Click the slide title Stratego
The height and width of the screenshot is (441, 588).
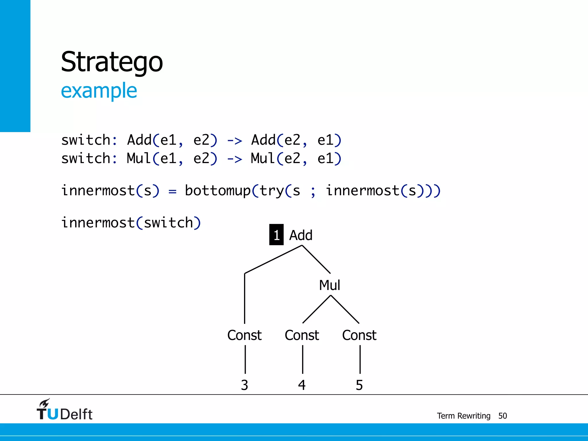112,62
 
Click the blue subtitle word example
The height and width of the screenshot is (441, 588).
99,91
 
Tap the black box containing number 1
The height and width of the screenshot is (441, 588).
276,235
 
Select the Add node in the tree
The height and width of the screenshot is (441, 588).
301,235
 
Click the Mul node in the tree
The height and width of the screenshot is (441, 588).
330,285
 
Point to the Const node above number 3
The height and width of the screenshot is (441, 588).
244,335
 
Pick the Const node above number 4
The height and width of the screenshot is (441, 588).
302,335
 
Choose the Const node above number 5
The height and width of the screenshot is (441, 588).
359,335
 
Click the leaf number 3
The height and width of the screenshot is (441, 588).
244,385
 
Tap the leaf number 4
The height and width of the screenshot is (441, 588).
302,385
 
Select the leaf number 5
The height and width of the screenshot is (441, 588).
359,385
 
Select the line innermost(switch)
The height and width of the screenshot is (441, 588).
131,223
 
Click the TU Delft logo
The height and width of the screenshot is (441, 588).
65,410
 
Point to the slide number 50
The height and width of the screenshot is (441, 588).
502,416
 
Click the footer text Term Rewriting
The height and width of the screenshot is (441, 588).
463,416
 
